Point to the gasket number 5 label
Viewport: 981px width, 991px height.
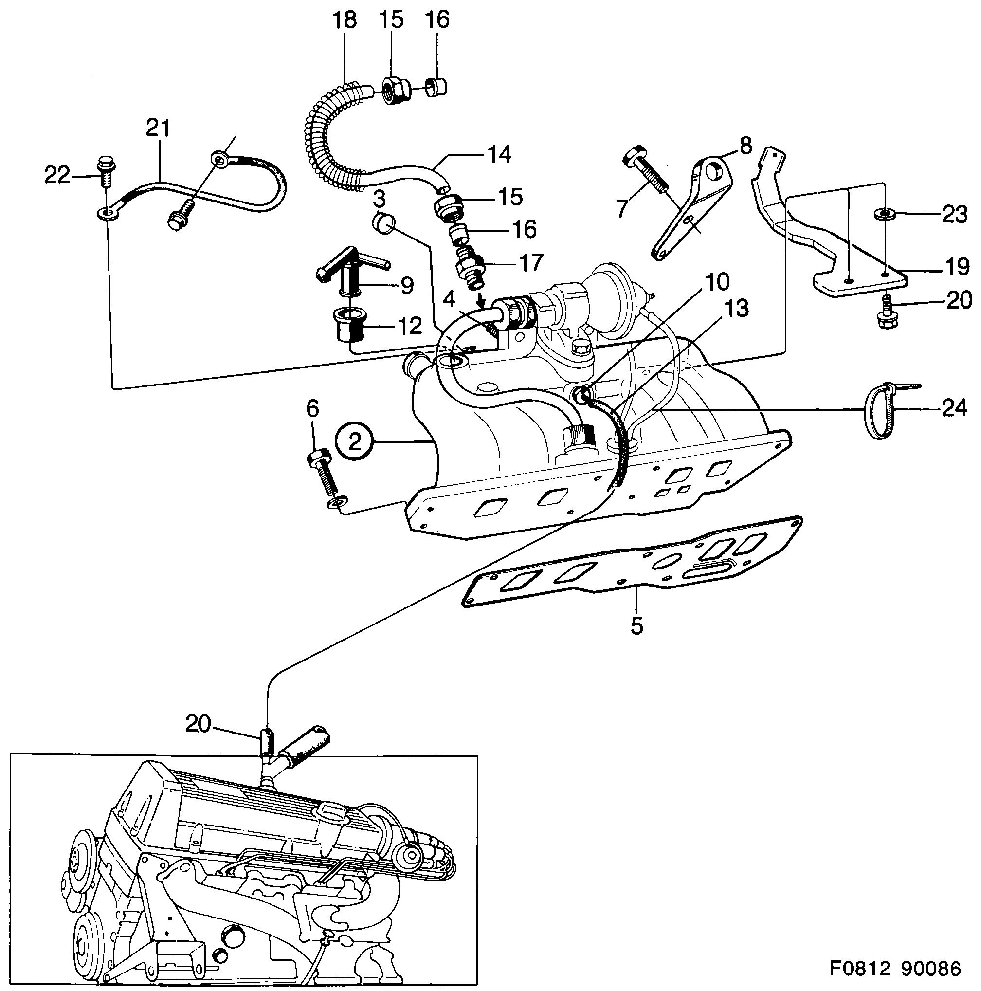(x=636, y=626)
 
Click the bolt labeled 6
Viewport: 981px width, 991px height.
(x=322, y=472)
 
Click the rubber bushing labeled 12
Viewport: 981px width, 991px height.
(x=350, y=325)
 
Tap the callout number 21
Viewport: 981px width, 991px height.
(x=158, y=128)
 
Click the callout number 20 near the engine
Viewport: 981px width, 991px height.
(x=198, y=724)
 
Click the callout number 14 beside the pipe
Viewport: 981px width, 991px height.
(x=498, y=154)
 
